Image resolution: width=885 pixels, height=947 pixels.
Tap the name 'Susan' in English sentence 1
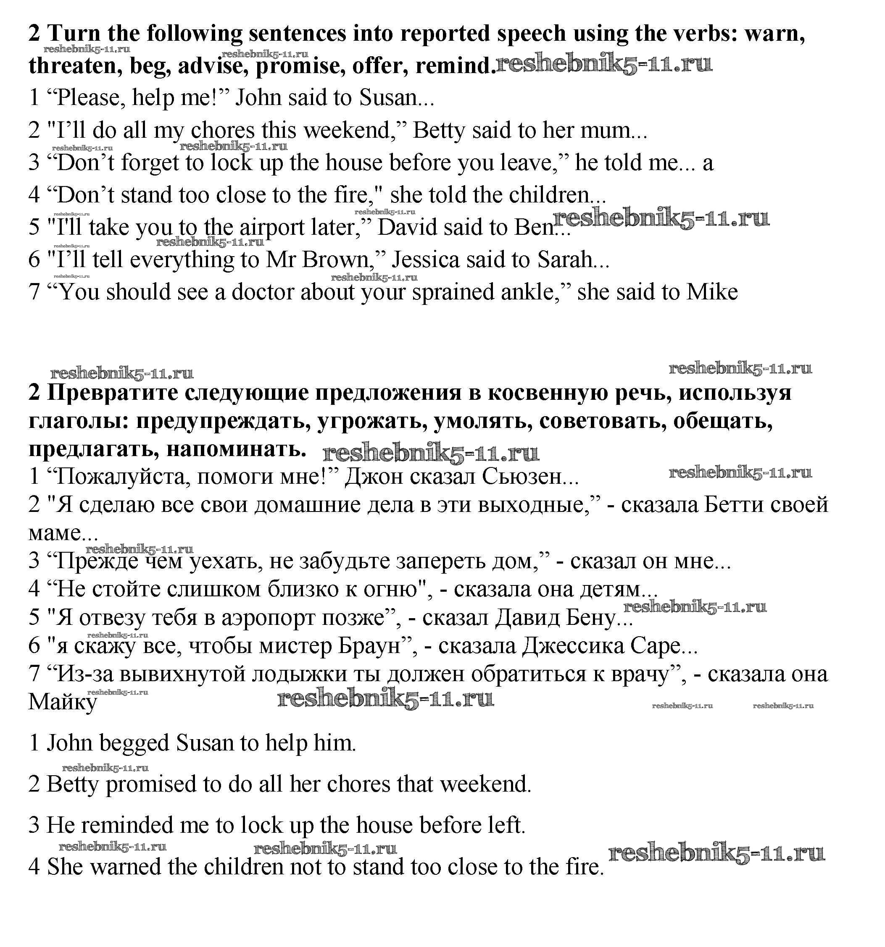(x=388, y=98)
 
